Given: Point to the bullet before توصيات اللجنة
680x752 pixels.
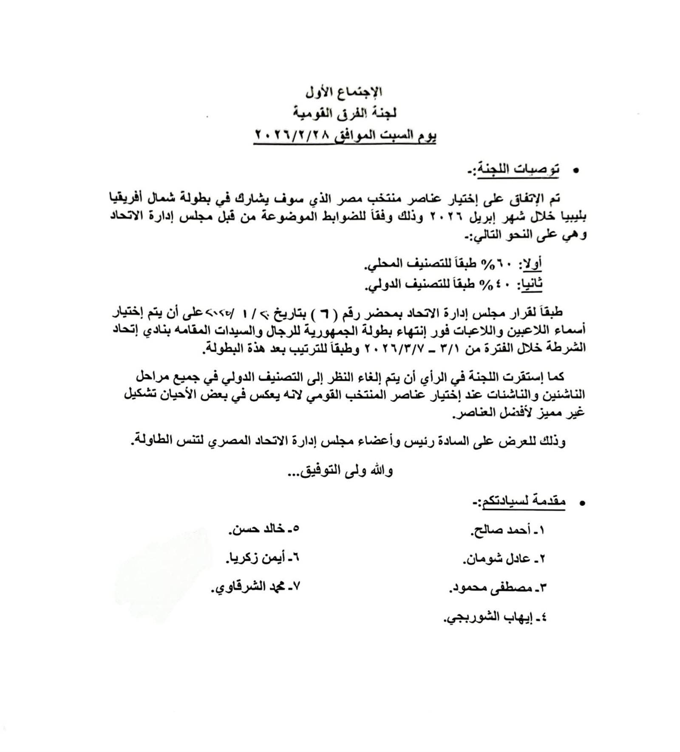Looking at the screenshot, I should [x=576, y=171].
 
